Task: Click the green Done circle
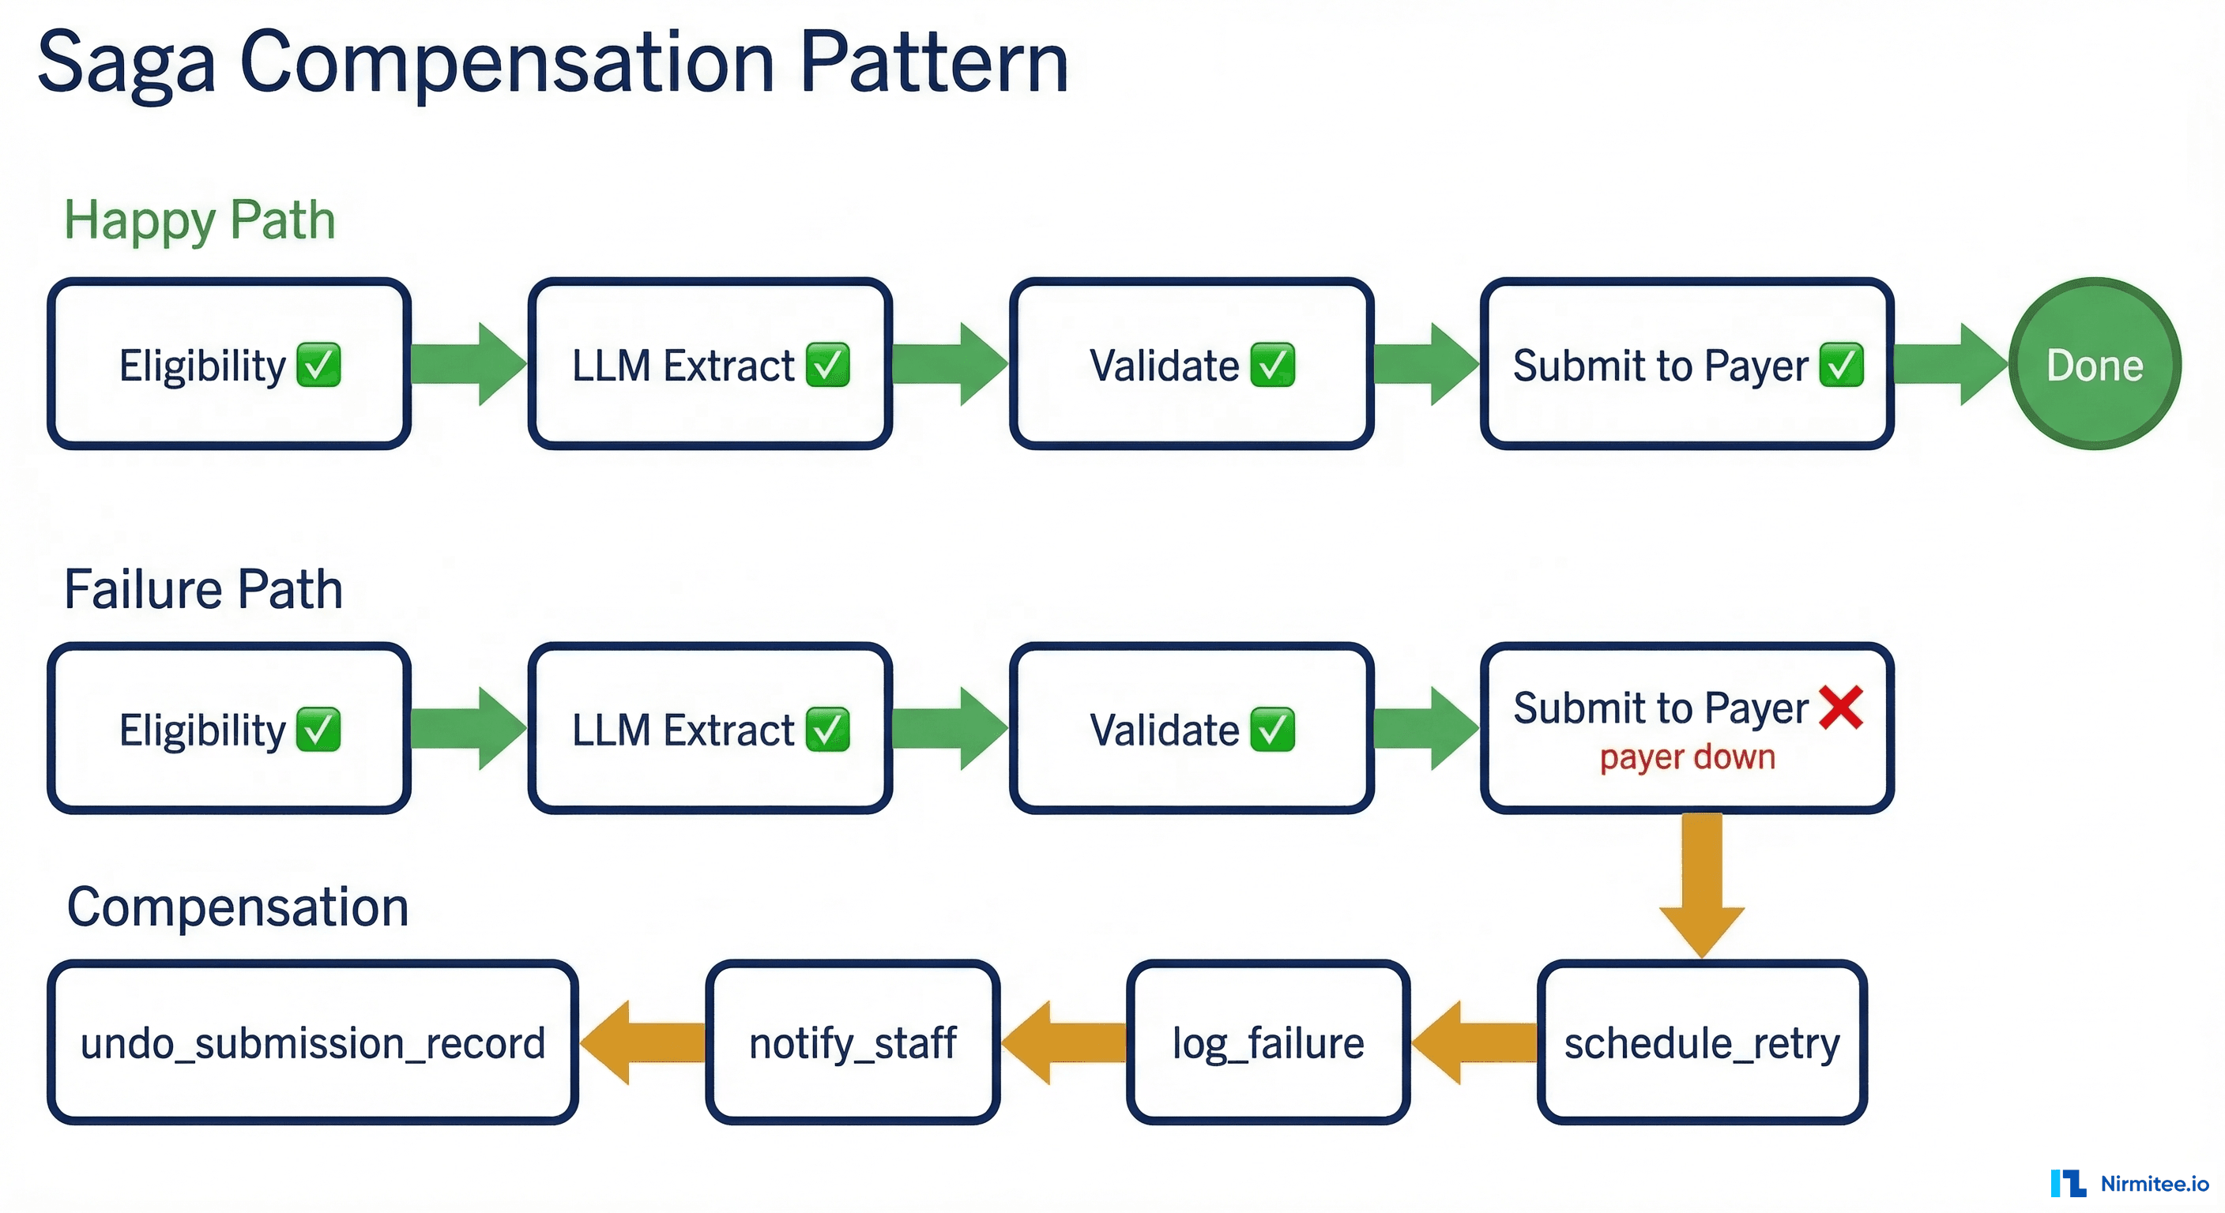[x=2094, y=364]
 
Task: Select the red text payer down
[x=1687, y=757]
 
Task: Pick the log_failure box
[x=1267, y=1042]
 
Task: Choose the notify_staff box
[x=852, y=1042]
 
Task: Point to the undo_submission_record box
[x=312, y=1042]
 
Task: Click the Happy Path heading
[x=200, y=220]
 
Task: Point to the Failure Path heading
[x=203, y=590]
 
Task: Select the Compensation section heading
[x=238, y=907]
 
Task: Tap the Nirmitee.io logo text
[x=2153, y=1183]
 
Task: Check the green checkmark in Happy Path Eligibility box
[x=318, y=364]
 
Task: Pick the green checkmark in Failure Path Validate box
[x=1271, y=730]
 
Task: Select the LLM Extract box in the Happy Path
[x=709, y=364]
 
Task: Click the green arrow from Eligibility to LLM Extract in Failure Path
[x=467, y=730]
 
